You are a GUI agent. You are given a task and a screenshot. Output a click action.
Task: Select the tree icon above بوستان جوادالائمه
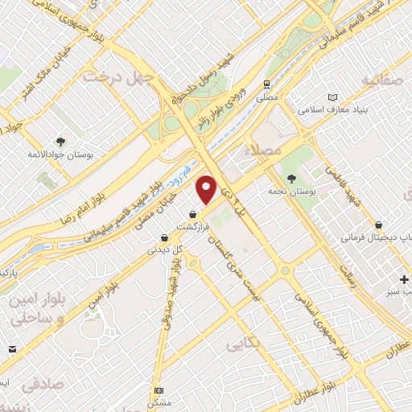(x=61, y=140)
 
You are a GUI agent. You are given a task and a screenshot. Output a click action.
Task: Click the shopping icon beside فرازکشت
(x=192, y=215)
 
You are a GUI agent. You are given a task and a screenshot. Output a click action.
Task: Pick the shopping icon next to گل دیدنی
(x=164, y=237)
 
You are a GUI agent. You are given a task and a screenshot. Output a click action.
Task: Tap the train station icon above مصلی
(x=266, y=84)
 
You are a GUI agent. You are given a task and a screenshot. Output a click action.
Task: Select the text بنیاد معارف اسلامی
(x=333, y=108)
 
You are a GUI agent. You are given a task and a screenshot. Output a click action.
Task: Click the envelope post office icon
(x=13, y=348)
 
